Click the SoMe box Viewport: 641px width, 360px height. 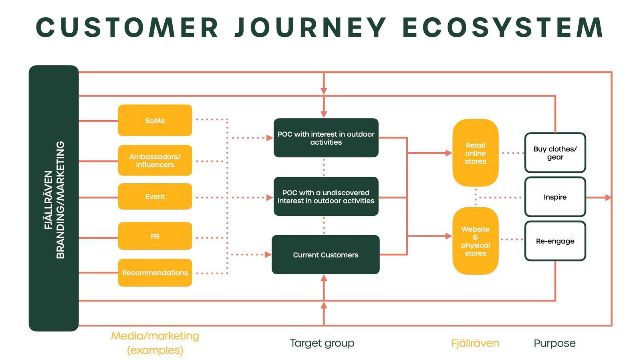click(155, 120)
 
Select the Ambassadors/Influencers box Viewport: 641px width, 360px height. click(155, 160)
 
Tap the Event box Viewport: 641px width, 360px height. click(155, 196)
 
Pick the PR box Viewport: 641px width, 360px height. click(155, 236)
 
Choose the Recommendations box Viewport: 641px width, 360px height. click(155, 273)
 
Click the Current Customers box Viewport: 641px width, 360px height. click(326, 255)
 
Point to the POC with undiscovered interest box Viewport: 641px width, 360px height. click(326, 196)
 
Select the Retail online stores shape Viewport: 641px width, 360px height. click(475, 153)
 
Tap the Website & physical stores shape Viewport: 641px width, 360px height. click(475, 241)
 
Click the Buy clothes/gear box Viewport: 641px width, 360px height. click(555, 153)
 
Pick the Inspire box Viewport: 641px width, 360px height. click(555, 197)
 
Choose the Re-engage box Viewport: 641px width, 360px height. click(555, 241)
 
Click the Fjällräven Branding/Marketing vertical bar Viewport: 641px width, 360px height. click(54, 198)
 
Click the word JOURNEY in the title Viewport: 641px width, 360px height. click(311, 28)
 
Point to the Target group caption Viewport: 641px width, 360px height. click(322, 343)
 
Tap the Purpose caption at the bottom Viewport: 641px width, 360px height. click(554, 343)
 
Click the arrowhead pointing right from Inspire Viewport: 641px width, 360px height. click(608, 197)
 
